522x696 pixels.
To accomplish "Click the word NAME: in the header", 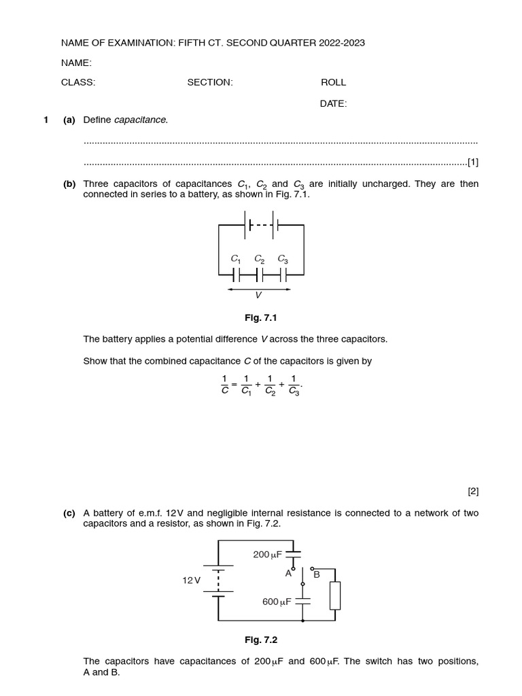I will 76,63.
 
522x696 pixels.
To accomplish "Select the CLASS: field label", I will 78,82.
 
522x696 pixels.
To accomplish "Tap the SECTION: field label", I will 210,82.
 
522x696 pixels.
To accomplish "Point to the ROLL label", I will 333,82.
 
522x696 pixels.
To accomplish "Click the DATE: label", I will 333,104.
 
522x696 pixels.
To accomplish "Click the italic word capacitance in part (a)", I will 141,120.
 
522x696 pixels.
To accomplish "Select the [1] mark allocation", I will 472,162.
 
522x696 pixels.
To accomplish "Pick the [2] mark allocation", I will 472,491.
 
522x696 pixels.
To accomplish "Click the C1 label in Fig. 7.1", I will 236,259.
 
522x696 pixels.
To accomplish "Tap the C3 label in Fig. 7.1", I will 283,259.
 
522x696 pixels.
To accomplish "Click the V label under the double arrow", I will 258,296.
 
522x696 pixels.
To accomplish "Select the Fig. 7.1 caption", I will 261,318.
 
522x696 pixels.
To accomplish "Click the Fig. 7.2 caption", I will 261,640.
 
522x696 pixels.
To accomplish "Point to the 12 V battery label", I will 192,580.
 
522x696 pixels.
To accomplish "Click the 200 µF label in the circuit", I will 267,555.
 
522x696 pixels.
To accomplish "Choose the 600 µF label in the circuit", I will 277,602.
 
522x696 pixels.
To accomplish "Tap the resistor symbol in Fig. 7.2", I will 334,595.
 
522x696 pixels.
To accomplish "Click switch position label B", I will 316,574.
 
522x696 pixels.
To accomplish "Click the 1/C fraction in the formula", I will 225,385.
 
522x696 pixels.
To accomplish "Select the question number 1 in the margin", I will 46,120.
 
